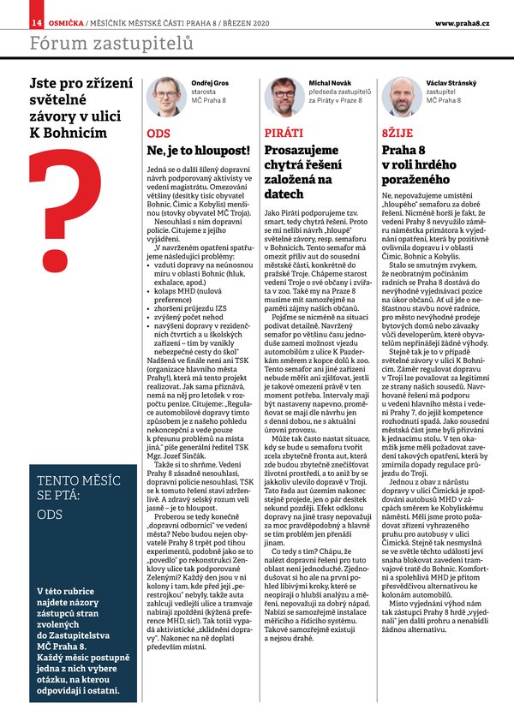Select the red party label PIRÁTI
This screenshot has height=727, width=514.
tap(284, 134)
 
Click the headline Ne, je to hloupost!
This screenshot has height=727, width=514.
tap(198, 151)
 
